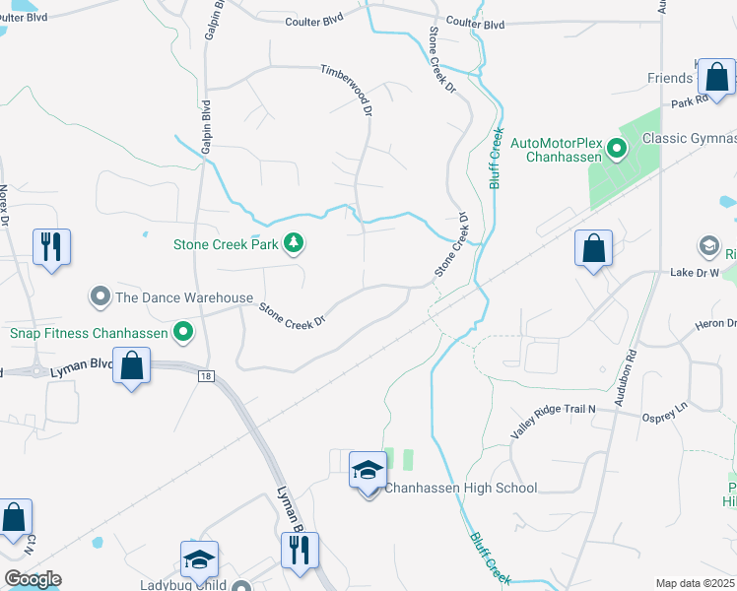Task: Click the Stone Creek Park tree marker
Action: (x=293, y=242)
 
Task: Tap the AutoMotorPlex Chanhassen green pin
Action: (x=618, y=150)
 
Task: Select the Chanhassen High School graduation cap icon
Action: (x=368, y=471)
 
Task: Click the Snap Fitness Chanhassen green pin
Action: (x=182, y=333)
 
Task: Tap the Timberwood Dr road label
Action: (x=347, y=86)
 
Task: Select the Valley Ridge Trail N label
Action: (x=554, y=423)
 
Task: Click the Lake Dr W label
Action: (x=695, y=273)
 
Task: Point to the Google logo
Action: (x=33, y=579)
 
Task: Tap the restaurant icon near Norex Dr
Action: (x=51, y=246)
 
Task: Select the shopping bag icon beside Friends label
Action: (x=718, y=77)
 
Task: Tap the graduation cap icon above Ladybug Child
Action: (x=198, y=559)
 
